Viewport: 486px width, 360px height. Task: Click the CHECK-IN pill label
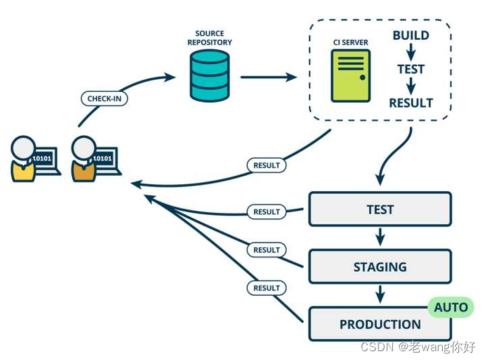(x=104, y=99)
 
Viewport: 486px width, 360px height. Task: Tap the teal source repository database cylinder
(x=209, y=76)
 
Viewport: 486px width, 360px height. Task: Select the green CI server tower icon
(x=350, y=76)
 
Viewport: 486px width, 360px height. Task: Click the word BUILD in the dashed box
(x=411, y=35)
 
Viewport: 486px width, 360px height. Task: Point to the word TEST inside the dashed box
(x=411, y=69)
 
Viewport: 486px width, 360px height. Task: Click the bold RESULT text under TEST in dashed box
(x=411, y=103)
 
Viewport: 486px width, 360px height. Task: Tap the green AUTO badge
(x=451, y=307)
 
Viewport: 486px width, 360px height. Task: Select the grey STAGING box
(x=380, y=266)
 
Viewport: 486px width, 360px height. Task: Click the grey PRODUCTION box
(x=380, y=324)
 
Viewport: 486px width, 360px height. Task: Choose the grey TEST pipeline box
(x=380, y=209)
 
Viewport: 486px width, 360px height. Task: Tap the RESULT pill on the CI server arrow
(x=267, y=165)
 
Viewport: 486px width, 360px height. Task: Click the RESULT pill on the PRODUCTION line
(x=267, y=288)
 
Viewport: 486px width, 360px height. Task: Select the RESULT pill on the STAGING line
(x=267, y=250)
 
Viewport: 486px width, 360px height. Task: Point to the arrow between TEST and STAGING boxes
(x=380, y=237)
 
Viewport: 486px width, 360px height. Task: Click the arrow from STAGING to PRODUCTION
(x=380, y=294)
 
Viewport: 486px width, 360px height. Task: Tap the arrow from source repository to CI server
(x=269, y=77)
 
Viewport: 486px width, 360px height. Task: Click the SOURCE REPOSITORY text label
(x=209, y=38)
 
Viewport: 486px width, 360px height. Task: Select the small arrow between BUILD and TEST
(x=411, y=52)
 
